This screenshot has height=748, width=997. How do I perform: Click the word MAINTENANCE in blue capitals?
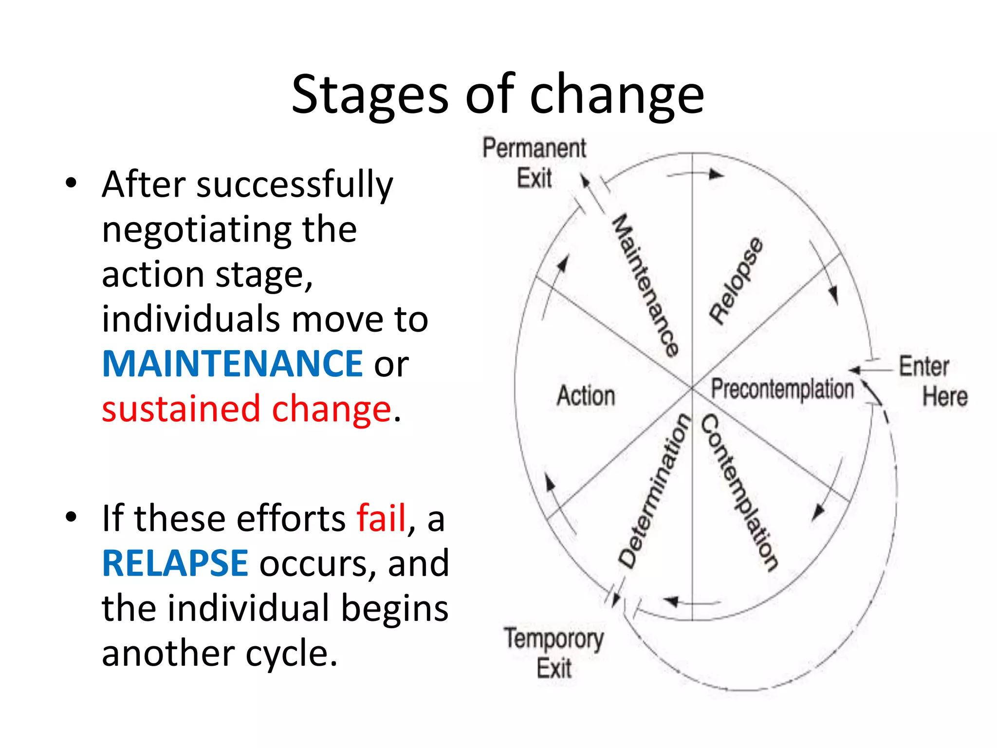coord(232,364)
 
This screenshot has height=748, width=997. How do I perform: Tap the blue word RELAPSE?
coord(175,563)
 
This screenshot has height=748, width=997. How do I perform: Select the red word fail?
coord(381,518)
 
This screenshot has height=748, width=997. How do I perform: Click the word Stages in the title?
coord(369,95)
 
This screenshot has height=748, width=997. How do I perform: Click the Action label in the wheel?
coord(586,395)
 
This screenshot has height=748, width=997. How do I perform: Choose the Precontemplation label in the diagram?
coord(782,389)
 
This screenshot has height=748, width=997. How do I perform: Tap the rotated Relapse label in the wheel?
coord(736,281)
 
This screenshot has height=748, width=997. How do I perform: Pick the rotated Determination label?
coord(655,491)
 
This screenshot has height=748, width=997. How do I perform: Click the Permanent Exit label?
coord(534,163)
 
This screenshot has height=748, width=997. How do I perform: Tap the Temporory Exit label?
coord(554,653)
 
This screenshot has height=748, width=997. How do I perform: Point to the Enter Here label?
coord(932,381)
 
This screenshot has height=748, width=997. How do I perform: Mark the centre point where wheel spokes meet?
coord(692,388)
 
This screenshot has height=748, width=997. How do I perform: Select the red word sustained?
coord(181,409)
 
